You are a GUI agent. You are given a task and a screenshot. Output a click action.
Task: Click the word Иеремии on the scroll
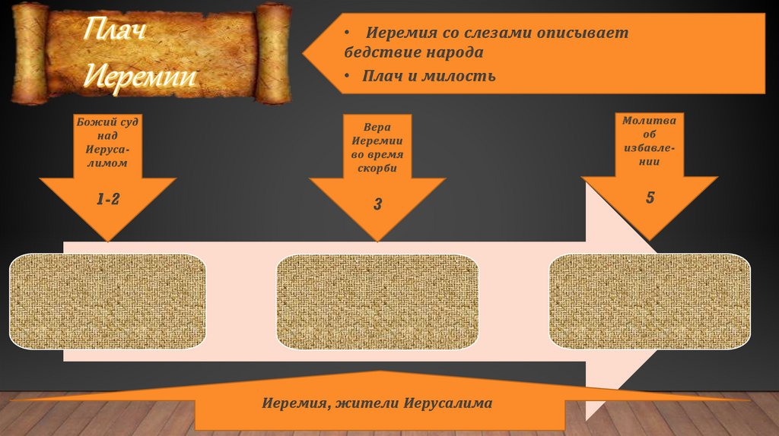[x=139, y=77]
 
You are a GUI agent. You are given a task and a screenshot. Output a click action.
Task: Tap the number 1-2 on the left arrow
[x=107, y=200]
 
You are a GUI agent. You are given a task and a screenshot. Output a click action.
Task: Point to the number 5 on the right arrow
[x=650, y=197]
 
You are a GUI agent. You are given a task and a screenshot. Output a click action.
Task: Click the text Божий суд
[x=107, y=122]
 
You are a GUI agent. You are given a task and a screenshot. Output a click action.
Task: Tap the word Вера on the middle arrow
[x=377, y=128]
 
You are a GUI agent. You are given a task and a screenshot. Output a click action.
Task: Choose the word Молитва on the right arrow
[x=650, y=120]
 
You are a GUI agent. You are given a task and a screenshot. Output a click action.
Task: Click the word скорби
[x=377, y=167]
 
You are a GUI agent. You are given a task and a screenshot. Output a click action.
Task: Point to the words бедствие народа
[x=413, y=53]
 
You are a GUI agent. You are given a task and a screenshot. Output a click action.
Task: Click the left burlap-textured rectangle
[x=107, y=302]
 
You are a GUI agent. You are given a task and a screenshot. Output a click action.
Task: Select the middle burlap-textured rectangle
[x=377, y=302]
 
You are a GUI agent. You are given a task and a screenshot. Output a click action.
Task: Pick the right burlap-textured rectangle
[x=650, y=302]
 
